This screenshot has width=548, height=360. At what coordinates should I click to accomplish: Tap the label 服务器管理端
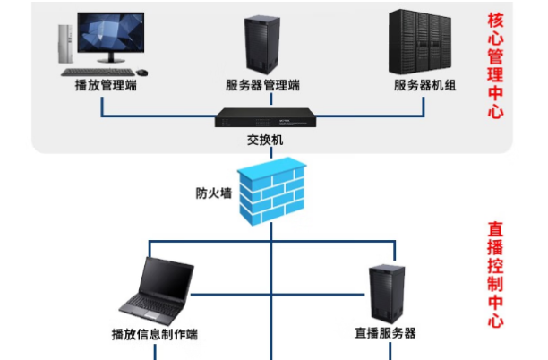pyautogui.click(x=262, y=86)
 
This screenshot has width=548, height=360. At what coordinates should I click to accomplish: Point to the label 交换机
pyautogui.click(x=264, y=141)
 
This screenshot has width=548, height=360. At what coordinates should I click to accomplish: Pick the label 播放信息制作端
pyautogui.click(x=154, y=334)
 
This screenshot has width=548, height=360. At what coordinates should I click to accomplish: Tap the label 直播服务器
pyautogui.click(x=385, y=333)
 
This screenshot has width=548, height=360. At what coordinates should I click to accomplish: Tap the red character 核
pyautogui.click(x=495, y=20)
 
